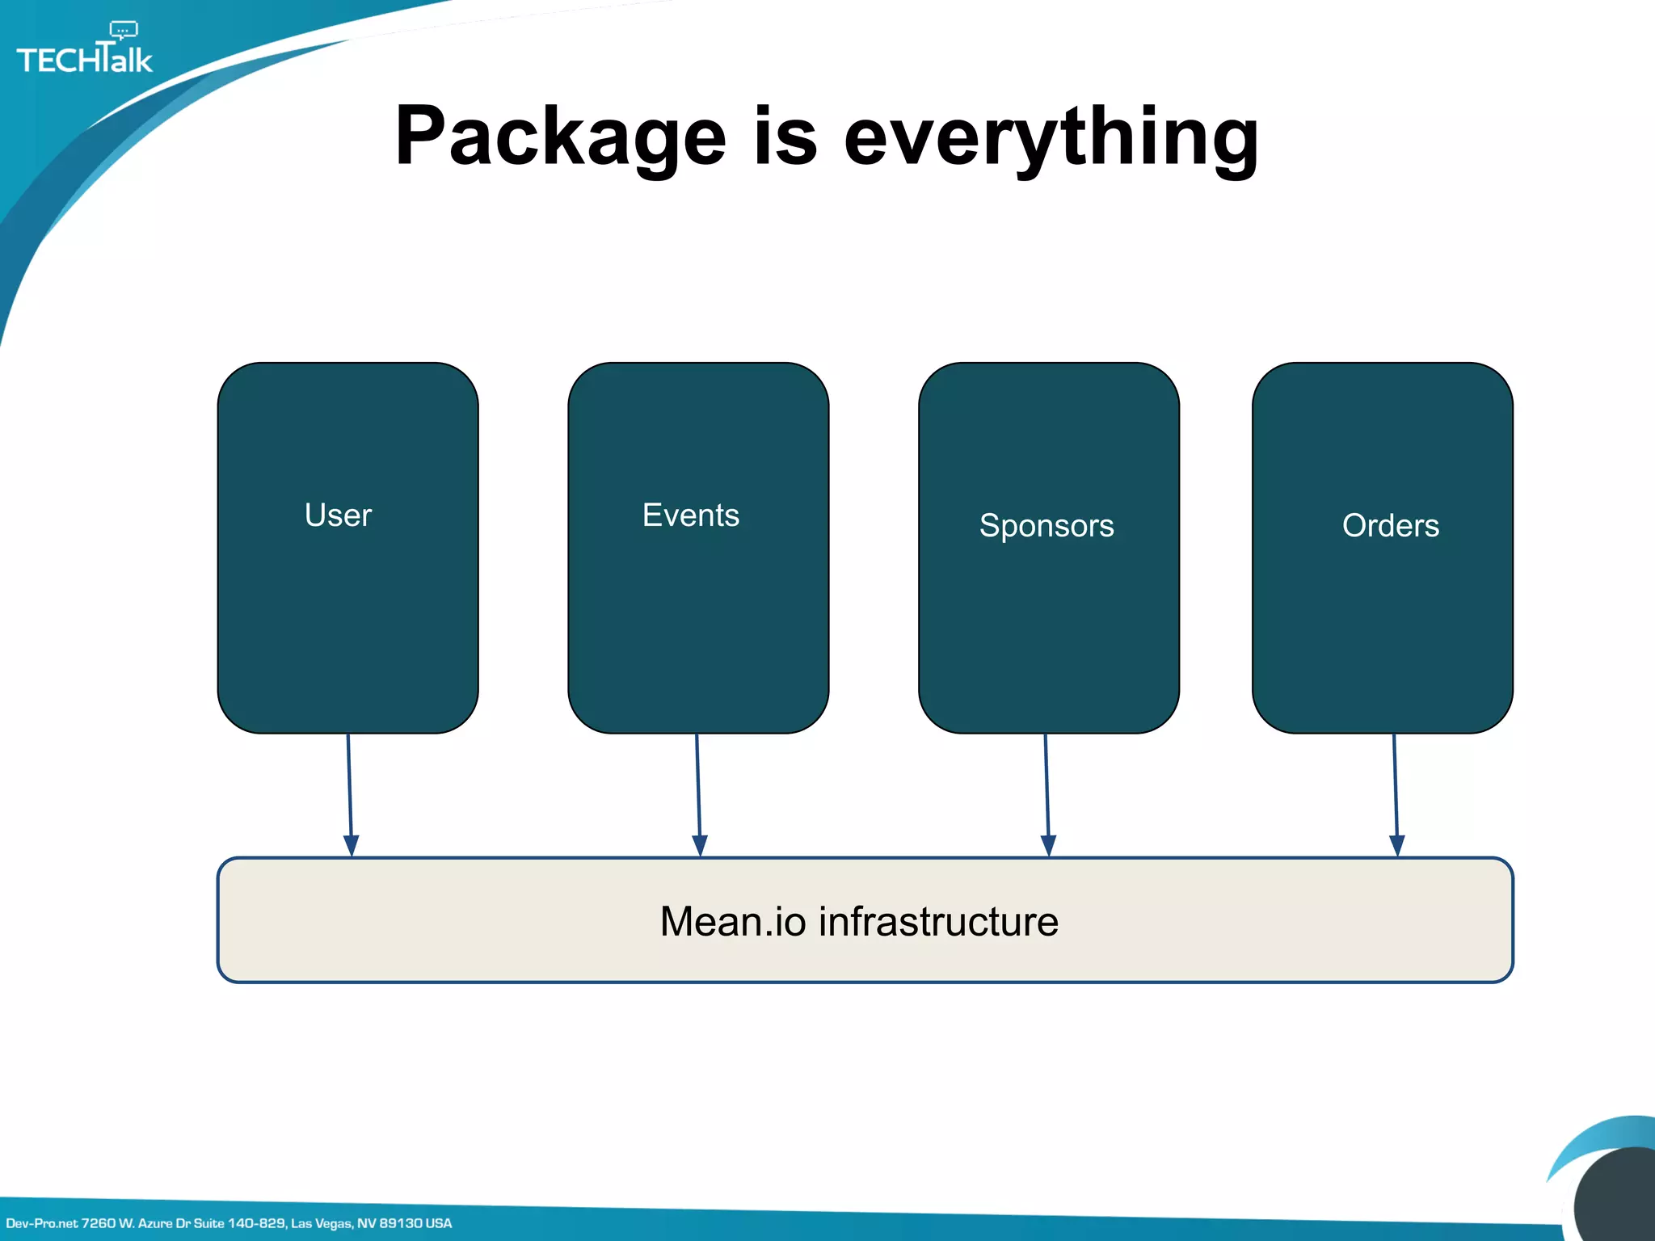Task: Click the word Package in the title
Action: pos(560,137)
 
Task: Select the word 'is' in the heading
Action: pos(785,137)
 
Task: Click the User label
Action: pos(338,515)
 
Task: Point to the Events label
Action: pos(690,515)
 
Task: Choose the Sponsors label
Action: pos(1046,526)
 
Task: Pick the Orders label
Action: pos(1390,526)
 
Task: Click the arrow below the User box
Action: pos(350,792)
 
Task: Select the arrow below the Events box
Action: pos(698,792)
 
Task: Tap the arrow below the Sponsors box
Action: pos(1046,792)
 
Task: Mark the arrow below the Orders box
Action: pos(1396,792)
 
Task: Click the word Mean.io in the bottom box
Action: pos(732,922)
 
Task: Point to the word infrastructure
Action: pos(938,922)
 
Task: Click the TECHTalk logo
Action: pos(84,58)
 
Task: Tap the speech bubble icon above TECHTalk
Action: pos(124,31)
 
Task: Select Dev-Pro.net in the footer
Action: pos(41,1223)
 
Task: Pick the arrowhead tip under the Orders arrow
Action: pos(1396,853)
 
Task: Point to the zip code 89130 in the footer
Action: pos(400,1223)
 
